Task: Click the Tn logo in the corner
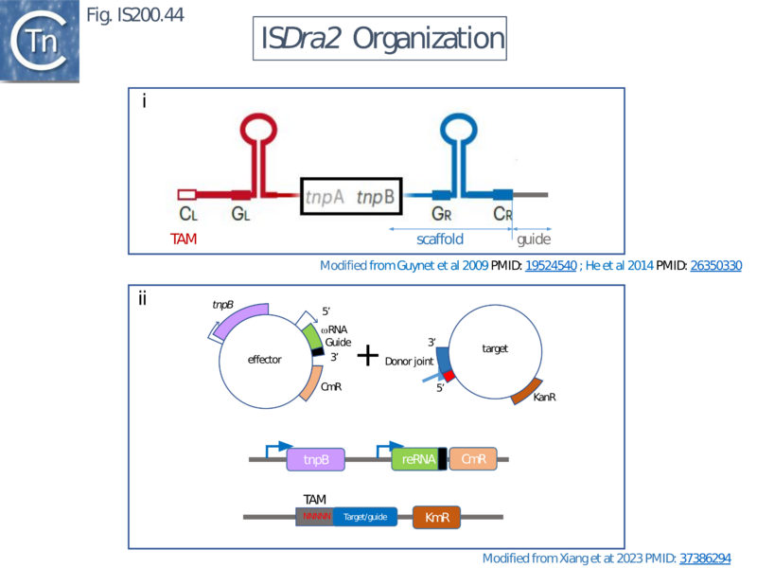coord(40,40)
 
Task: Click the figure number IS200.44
coord(134,14)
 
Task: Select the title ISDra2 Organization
coord(382,39)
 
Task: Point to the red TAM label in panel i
coord(185,240)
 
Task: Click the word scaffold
coord(440,240)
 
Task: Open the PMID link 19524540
coord(551,266)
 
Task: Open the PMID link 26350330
coord(716,266)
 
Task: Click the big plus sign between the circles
coord(367,356)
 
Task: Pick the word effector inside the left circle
coord(265,360)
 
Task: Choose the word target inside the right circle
coord(495,348)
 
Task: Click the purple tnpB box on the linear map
coord(316,460)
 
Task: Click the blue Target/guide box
coord(364,517)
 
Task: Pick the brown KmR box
coord(436,517)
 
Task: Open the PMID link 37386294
coord(705,559)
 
